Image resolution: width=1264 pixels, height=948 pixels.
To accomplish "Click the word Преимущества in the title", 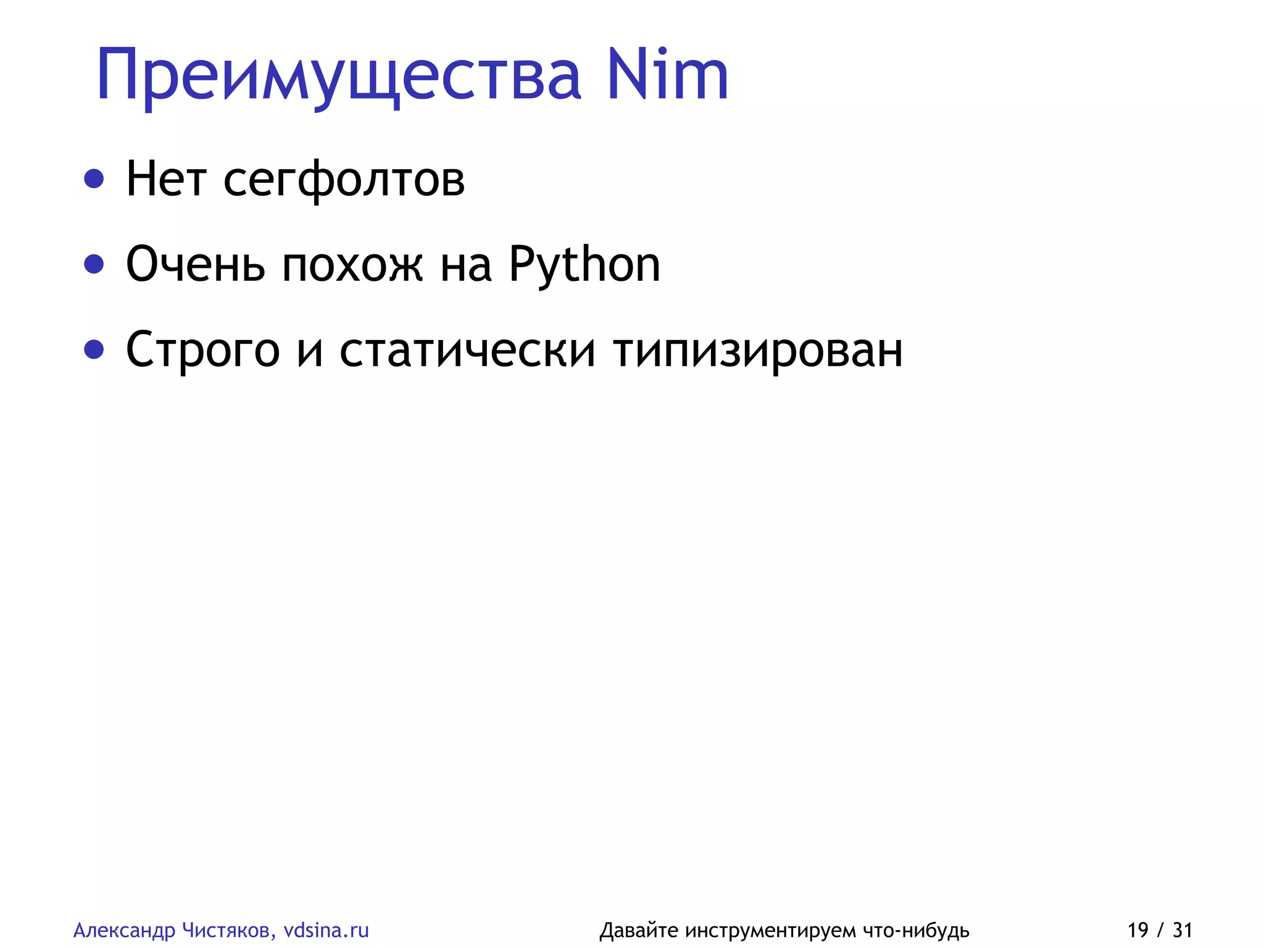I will [x=339, y=76].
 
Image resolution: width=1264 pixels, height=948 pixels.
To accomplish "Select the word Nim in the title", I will [x=667, y=75].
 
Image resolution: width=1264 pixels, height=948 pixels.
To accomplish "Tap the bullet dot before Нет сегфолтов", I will [x=94, y=179].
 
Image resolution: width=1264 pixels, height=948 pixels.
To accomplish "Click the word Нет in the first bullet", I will [x=166, y=179].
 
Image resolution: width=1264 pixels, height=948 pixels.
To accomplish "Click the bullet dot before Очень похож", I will [x=94, y=264].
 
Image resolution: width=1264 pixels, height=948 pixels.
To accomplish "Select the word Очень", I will [x=196, y=264].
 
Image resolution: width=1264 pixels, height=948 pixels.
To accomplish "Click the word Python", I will [x=584, y=264].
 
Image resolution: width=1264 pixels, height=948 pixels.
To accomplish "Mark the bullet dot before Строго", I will [x=94, y=349].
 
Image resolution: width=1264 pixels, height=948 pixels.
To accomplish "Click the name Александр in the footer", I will [x=125, y=930].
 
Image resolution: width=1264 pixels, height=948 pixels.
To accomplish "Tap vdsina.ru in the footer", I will [x=326, y=929].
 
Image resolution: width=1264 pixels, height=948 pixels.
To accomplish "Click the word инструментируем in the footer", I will [x=770, y=930].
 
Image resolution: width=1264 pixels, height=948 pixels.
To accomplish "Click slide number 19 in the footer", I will [x=1138, y=929].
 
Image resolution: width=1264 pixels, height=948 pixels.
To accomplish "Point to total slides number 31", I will [x=1183, y=929].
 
